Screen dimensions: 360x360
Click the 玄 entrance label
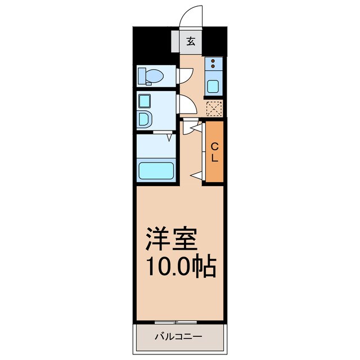[191, 41]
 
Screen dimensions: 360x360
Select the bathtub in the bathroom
[155, 170]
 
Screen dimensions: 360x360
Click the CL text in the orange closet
[214, 152]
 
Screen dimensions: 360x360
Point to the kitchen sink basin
[213, 86]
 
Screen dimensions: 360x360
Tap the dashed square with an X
[214, 107]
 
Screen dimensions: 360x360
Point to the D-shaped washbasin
[144, 119]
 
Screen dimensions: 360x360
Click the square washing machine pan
[144, 102]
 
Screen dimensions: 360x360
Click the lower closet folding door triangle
[197, 176]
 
